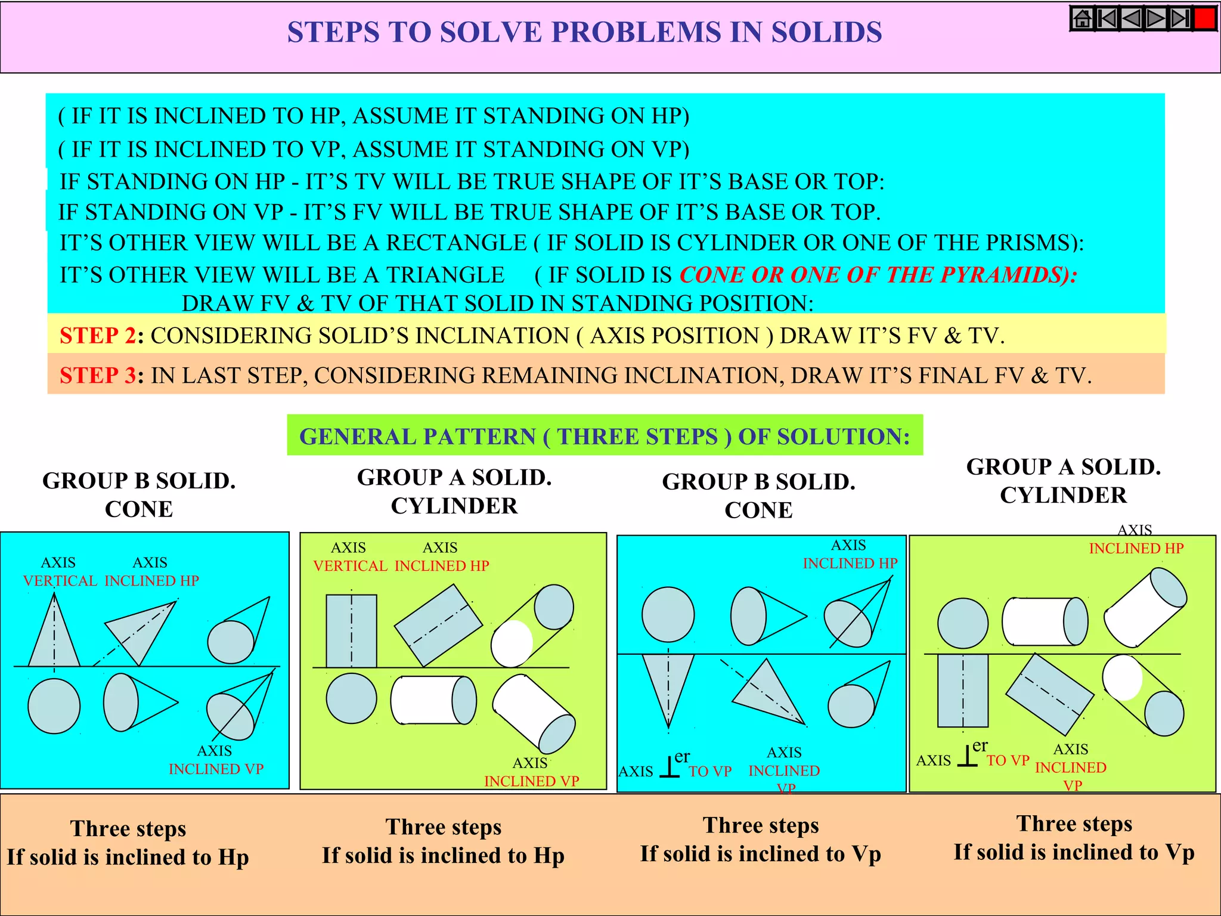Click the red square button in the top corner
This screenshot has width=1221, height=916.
[x=1205, y=18]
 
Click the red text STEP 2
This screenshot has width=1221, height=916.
[x=98, y=336]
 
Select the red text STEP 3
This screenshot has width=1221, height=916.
[x=98, y=376]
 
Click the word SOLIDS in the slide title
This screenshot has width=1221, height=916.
[x=826, y=32]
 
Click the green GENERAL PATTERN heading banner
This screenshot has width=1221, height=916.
[x=605, y=437]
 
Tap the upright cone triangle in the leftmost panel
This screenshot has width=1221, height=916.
[x=54, y=641]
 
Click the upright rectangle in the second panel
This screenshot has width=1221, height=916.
[x=351, y=631]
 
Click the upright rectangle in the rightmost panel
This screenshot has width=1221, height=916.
[x=962, y=691]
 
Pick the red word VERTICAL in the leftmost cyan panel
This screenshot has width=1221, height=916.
[x=60, y=581]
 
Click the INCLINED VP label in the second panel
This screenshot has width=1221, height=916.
[x=531, y=781]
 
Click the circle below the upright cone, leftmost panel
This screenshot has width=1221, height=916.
[x=54, y=706]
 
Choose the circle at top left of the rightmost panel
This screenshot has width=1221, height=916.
[x=962, y=624]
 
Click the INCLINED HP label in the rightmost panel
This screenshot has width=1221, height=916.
[x=1136, y=549]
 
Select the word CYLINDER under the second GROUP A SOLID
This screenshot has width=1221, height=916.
[x=1063, y=496]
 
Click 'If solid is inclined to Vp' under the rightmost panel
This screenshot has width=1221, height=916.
[x=1074, y=852]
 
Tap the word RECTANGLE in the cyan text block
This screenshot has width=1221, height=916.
[x=456, y=243]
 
